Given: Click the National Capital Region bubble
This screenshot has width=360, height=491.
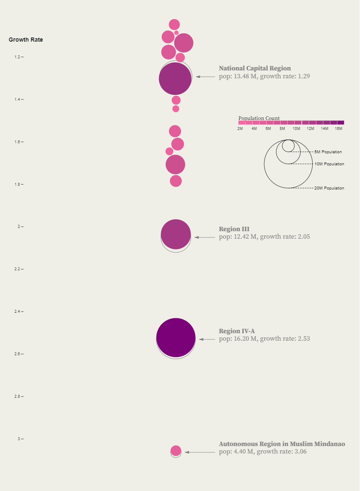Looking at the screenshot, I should pos(175,78).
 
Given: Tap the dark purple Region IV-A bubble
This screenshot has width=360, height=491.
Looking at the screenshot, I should pos(176,338).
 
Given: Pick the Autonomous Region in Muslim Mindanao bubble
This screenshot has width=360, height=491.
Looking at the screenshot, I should pos(176,451).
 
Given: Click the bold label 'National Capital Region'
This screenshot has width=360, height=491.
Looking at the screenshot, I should pos(255,68).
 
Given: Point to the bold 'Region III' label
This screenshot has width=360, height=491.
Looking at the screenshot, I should pos(234,229).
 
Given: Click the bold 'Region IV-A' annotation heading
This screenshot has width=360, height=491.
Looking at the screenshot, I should pos(237,331).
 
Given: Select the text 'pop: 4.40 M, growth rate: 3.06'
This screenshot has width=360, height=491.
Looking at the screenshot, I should pos(263,451).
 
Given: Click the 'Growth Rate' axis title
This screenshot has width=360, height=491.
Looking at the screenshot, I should pos(26,40).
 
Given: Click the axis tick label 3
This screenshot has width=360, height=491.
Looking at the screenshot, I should pos(19,439).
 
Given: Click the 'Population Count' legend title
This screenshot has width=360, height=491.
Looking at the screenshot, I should pos(259,118).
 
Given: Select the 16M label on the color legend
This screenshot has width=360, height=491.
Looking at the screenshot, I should pos(339,129).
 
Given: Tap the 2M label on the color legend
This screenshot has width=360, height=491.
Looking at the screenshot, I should pos(240,129).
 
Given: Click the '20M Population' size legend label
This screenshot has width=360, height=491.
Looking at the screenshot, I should pos(329,188).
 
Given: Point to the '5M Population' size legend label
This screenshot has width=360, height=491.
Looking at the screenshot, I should pos(328,152).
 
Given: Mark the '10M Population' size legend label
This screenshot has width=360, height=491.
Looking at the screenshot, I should pos(329,164).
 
